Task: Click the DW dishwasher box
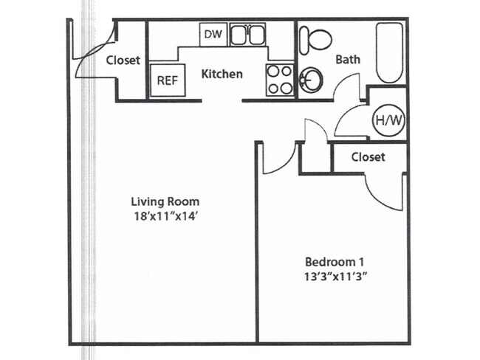click(213, 34)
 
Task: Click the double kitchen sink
click(247, 35)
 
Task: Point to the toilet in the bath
click(318, 38)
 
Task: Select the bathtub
click(389, 53)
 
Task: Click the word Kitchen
click(222, 74)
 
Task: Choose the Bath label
click(348, 59)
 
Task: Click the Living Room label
click(165, 201)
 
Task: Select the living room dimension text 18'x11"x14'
click(165, 217)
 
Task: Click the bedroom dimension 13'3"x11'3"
click(336, 277)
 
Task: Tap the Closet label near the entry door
click(123, 60)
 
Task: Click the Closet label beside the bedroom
click(368, 157)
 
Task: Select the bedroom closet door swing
click(385, 190)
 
